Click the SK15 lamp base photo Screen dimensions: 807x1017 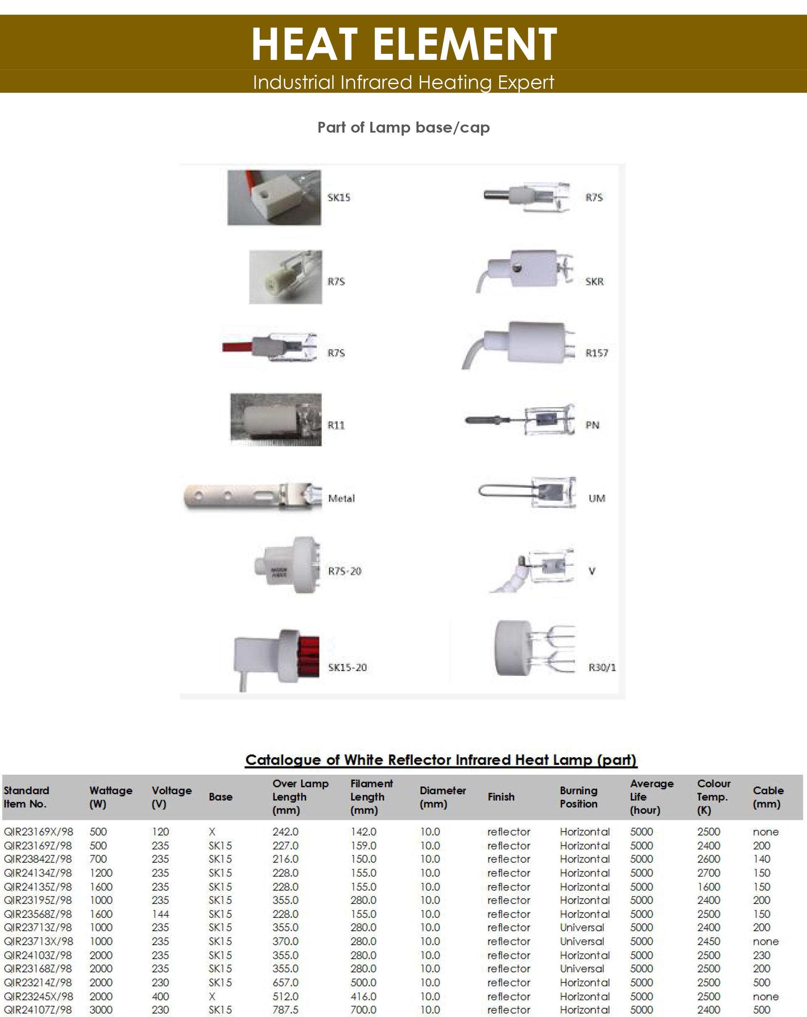click(x=274, y=197)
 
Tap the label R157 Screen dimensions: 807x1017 click(x=597, y=353)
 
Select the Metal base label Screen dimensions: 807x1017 click(x=341, y=498)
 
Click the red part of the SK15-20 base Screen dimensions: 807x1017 click(x=309, y=656)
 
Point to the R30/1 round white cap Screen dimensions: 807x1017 click(x=513, y=648)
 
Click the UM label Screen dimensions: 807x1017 click(x=597, y=498)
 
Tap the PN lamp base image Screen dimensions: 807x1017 click(x=521, y=420)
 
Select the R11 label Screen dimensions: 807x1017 click(x=336, y=425)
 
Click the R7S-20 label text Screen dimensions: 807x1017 click(x=345, y=571)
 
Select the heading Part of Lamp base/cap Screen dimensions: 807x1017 click(x=403, y=127)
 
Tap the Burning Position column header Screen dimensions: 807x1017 click(x=579, y=797)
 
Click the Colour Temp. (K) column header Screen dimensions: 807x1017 click(x=713, y=797)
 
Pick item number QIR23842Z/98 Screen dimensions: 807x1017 click(x=38, y=859)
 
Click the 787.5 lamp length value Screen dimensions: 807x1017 click(x=285, y=1010)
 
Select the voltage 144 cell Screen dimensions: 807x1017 click(x=161, y=914)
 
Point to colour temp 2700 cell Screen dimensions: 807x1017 click(x=708, y=873)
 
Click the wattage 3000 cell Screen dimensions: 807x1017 click(x=101, y=1010)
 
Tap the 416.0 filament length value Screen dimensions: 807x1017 click(x=363, y=996)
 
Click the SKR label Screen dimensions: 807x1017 click(x=594, y=282)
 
